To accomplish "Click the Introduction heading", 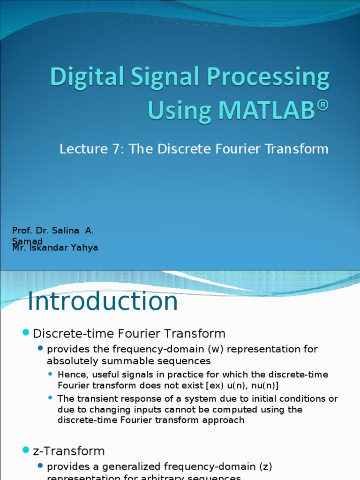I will (x=103, y=301).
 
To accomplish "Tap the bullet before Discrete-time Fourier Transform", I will (x=26, y=333).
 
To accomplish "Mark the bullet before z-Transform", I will (x=26, y=450).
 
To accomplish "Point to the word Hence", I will (x=70, y=375).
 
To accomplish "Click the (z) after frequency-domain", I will (x=264, y=466).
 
